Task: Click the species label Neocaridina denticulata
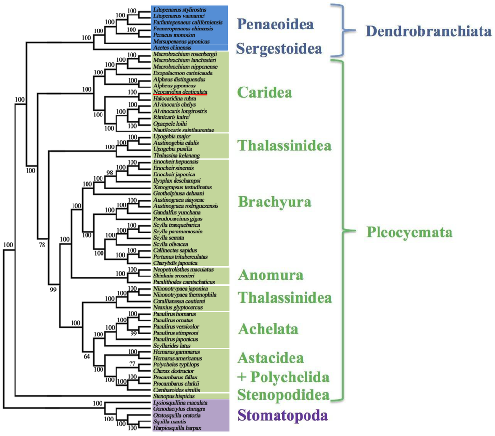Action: click(180, 91)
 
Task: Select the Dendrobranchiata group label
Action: click(429, 31)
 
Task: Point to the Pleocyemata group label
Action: click(409, 233)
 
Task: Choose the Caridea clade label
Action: click(264, 92)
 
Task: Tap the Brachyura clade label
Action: click(274, 202)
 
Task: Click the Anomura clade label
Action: click(270, 275)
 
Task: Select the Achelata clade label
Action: click(268, 329)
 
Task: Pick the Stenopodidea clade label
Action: click(283, 394)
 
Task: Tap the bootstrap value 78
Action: click(43, 245)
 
